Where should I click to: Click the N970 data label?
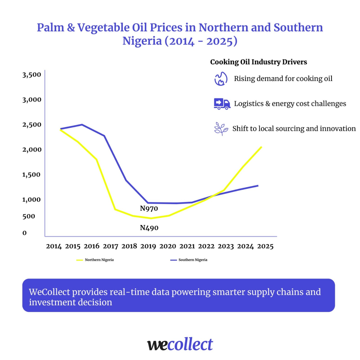pos(149,208)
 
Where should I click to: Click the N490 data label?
pos(149,228)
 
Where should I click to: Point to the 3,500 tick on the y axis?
pos(32,75)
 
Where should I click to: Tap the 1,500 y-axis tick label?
pos(32,175)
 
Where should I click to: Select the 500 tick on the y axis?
pos(29,216)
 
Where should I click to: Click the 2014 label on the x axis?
pos(54,247)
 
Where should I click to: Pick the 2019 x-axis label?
pos(148,247)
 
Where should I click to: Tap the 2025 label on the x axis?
pos(266,247)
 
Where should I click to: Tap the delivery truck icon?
pos(222,104)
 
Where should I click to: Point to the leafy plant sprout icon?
pos(221,129)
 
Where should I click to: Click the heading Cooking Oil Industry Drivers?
pos(258,62)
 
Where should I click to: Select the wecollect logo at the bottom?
pos(180,345)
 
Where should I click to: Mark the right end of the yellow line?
pos(261,147)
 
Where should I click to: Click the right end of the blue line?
pos(258,185)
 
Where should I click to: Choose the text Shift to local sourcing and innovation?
pos(294,129)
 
